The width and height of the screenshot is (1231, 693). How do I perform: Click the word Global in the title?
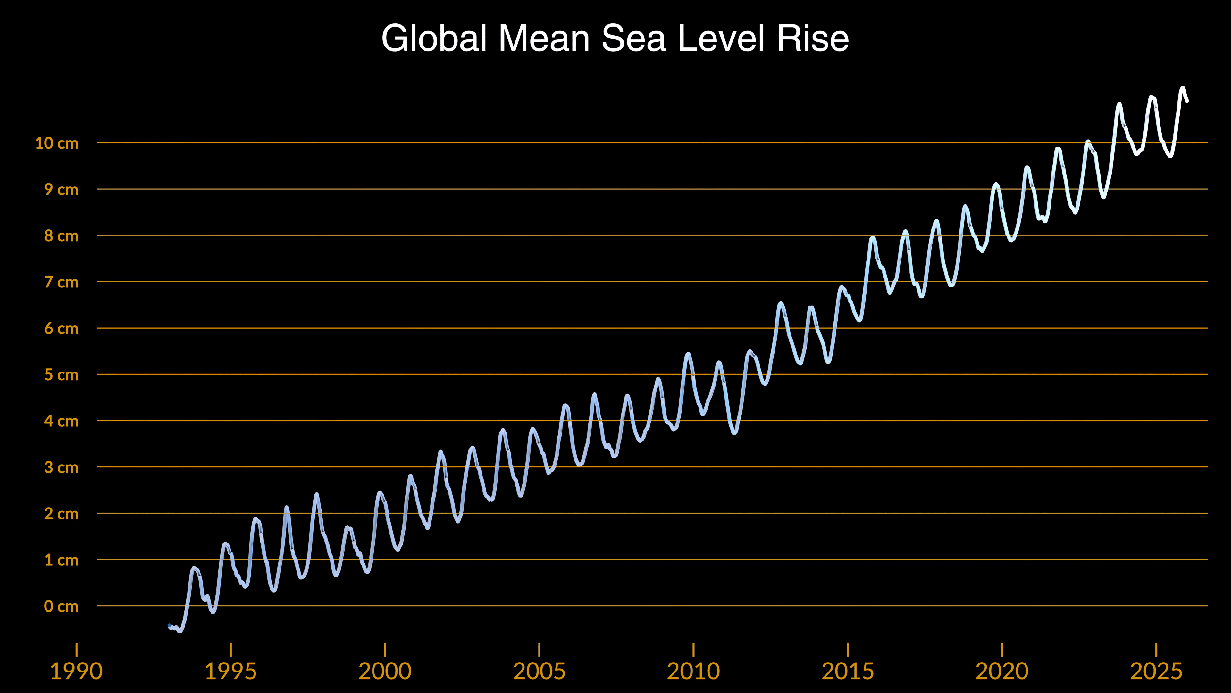[x=434, y=38]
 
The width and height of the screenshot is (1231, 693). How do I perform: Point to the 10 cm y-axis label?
[x=56, y=143]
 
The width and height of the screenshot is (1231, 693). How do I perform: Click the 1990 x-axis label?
[x=77, y=671]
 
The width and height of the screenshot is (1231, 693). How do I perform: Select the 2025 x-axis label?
[x=1156, y=671]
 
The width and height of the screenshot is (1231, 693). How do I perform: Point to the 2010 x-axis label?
[x=693, y=671]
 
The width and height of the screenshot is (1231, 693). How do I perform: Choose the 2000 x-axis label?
[x=385, y=671]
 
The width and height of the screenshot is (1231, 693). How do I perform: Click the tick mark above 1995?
[x=231, y=650]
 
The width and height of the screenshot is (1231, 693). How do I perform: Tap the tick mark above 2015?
[x=848, y=650]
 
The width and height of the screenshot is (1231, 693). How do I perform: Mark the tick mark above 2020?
[x=1001, y=650]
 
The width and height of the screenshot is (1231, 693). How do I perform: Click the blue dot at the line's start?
[x=170, y=626]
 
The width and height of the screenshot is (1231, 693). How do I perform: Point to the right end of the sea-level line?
[x=1187, y=101]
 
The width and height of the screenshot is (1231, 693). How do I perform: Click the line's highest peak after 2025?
[x=1183, y=88]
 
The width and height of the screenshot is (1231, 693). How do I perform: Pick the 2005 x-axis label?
[x=539, y=671]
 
